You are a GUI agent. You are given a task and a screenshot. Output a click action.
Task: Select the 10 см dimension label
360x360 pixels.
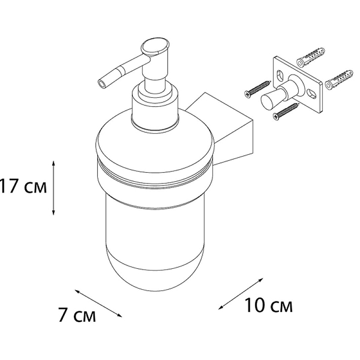point(269,306)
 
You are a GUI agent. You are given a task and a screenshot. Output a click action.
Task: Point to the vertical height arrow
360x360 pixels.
point(54,188)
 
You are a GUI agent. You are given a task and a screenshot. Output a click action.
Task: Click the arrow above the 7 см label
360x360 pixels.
point(99,303)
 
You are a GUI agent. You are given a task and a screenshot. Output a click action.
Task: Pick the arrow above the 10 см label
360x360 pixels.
point(241,294)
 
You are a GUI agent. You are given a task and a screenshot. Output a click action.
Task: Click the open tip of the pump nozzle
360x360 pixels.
point(102,83)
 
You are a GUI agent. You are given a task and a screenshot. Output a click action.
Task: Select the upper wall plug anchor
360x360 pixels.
point(311,57)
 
